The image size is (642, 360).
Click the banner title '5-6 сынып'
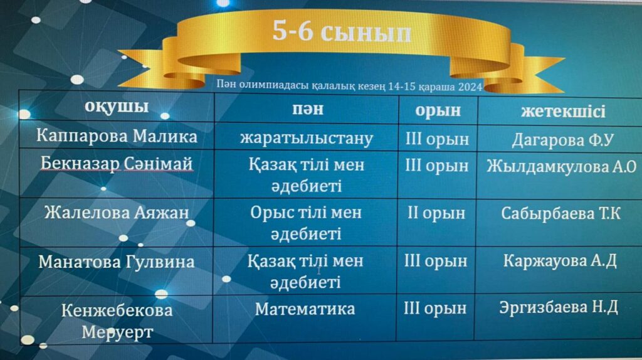(x=342, y=31)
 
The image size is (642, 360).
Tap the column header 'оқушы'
(x=117, y=107)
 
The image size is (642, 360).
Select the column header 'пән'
(x=307, y=109)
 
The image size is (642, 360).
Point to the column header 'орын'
(x=438, y=111)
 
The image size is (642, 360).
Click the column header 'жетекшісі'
(x=563, y=112)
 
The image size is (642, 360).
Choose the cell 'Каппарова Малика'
(x=117, y=136)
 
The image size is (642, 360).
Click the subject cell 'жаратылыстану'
(x=307, y=139)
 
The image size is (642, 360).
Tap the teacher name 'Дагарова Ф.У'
(x=562, y=140)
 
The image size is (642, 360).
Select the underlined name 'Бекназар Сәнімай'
(x=116, y=164)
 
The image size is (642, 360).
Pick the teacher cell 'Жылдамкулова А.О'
(x=561, y=166)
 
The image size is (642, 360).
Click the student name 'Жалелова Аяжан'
(x=117, y=213)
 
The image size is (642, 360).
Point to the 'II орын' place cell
(x=436, y=213)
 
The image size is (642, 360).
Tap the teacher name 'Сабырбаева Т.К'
(x=560, y=213)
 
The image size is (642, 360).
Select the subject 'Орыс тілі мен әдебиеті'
(x=306, y=223)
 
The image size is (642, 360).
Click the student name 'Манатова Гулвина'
(x=116, y=262)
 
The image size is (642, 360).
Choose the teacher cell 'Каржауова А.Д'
(x=560, y=261)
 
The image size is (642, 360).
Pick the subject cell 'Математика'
(x=305, y=309)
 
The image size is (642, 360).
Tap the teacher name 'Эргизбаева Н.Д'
(x=559, y=307)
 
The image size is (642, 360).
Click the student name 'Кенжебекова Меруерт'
(x=117, y=321)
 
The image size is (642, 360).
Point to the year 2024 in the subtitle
(x=470, y=87)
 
